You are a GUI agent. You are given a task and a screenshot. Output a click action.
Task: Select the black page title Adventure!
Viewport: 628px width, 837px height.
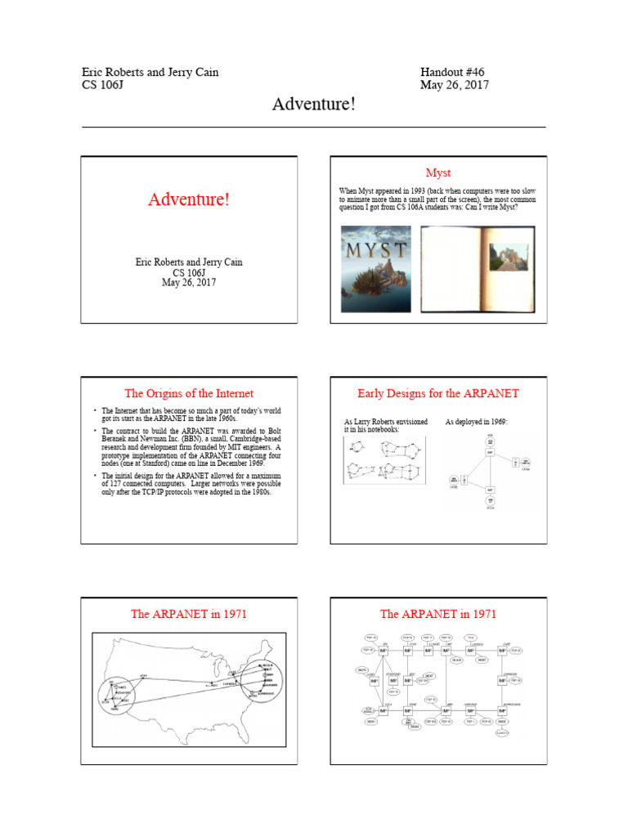point(313,105)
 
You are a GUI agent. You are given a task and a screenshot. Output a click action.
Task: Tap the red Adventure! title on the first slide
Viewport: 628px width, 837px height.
point(189,200)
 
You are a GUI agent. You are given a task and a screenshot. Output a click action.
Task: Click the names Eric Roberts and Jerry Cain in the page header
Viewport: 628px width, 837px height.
point(150,73)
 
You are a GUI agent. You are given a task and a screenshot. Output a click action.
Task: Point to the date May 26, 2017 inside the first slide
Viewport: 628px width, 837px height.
point(189,283)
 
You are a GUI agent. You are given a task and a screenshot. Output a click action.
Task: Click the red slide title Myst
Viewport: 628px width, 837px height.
point(438,172)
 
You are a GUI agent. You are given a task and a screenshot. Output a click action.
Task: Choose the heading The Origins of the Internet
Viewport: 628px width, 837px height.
point(189,393)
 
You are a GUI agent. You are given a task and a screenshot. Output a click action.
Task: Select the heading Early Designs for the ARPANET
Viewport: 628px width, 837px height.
point(438,393)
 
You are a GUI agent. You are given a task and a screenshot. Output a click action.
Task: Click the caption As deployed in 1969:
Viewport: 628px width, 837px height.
point(476,422)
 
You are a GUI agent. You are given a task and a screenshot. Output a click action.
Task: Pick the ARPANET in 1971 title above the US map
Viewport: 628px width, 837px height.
point(189,614)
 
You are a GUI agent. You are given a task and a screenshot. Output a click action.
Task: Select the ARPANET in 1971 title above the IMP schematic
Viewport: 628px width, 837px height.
point(438,614)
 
